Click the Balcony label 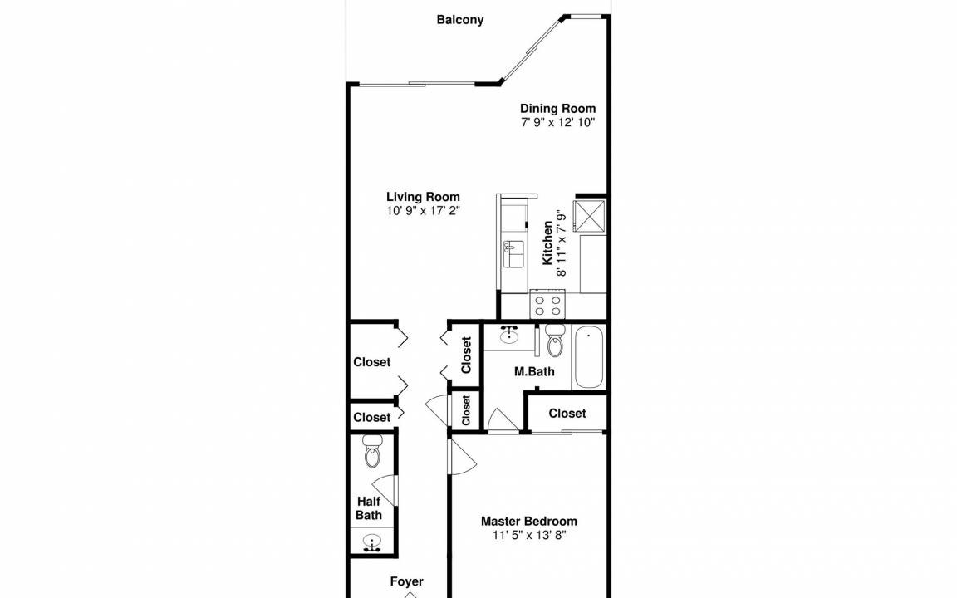460,20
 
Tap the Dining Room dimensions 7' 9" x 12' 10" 558,122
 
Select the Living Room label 423,197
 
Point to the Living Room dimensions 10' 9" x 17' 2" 423,210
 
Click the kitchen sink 513,254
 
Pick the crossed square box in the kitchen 590,215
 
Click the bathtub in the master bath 589,357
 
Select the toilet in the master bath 555,341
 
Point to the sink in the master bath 509,335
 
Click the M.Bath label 534,371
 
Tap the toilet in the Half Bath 371,451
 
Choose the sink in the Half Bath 371,542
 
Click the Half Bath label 369,508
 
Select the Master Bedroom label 529,521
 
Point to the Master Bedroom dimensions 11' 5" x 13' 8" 529,535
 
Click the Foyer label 406,581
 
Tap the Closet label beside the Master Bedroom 567,413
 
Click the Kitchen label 548,243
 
